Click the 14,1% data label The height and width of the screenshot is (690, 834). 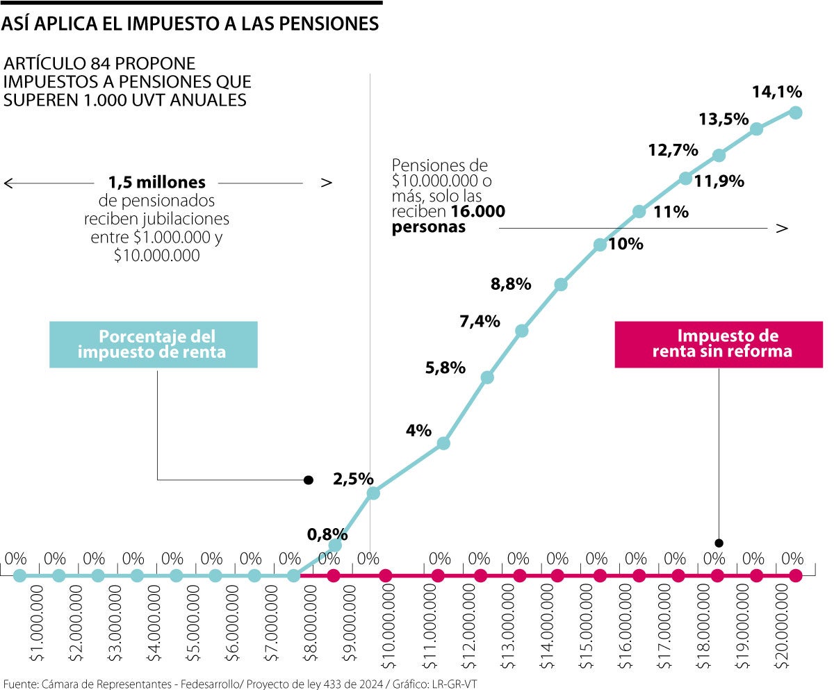[777, 92]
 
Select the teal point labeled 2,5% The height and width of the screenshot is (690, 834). [373, 493]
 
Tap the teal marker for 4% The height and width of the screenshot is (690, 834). [444, 443]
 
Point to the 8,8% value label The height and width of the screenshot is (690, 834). [511, 284]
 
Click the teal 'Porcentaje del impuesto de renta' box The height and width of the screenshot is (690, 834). [153, 344]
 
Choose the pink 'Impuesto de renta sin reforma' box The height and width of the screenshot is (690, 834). [719, 344]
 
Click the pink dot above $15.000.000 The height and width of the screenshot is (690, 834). [600, 575]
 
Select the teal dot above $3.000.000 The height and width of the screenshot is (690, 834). [98, 575]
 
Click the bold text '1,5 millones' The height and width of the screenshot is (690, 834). [157, 183]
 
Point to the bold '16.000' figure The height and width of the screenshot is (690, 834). [478, 212]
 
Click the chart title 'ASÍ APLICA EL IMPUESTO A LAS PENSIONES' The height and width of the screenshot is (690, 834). [190, 24]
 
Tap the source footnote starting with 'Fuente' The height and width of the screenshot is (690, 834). [240, 683]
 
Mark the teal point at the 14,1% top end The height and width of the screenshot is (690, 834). [796, 113]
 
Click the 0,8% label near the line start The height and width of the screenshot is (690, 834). [327, 534]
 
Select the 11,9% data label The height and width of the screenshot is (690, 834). [719, 182]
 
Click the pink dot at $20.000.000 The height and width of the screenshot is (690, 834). [796, 575]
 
